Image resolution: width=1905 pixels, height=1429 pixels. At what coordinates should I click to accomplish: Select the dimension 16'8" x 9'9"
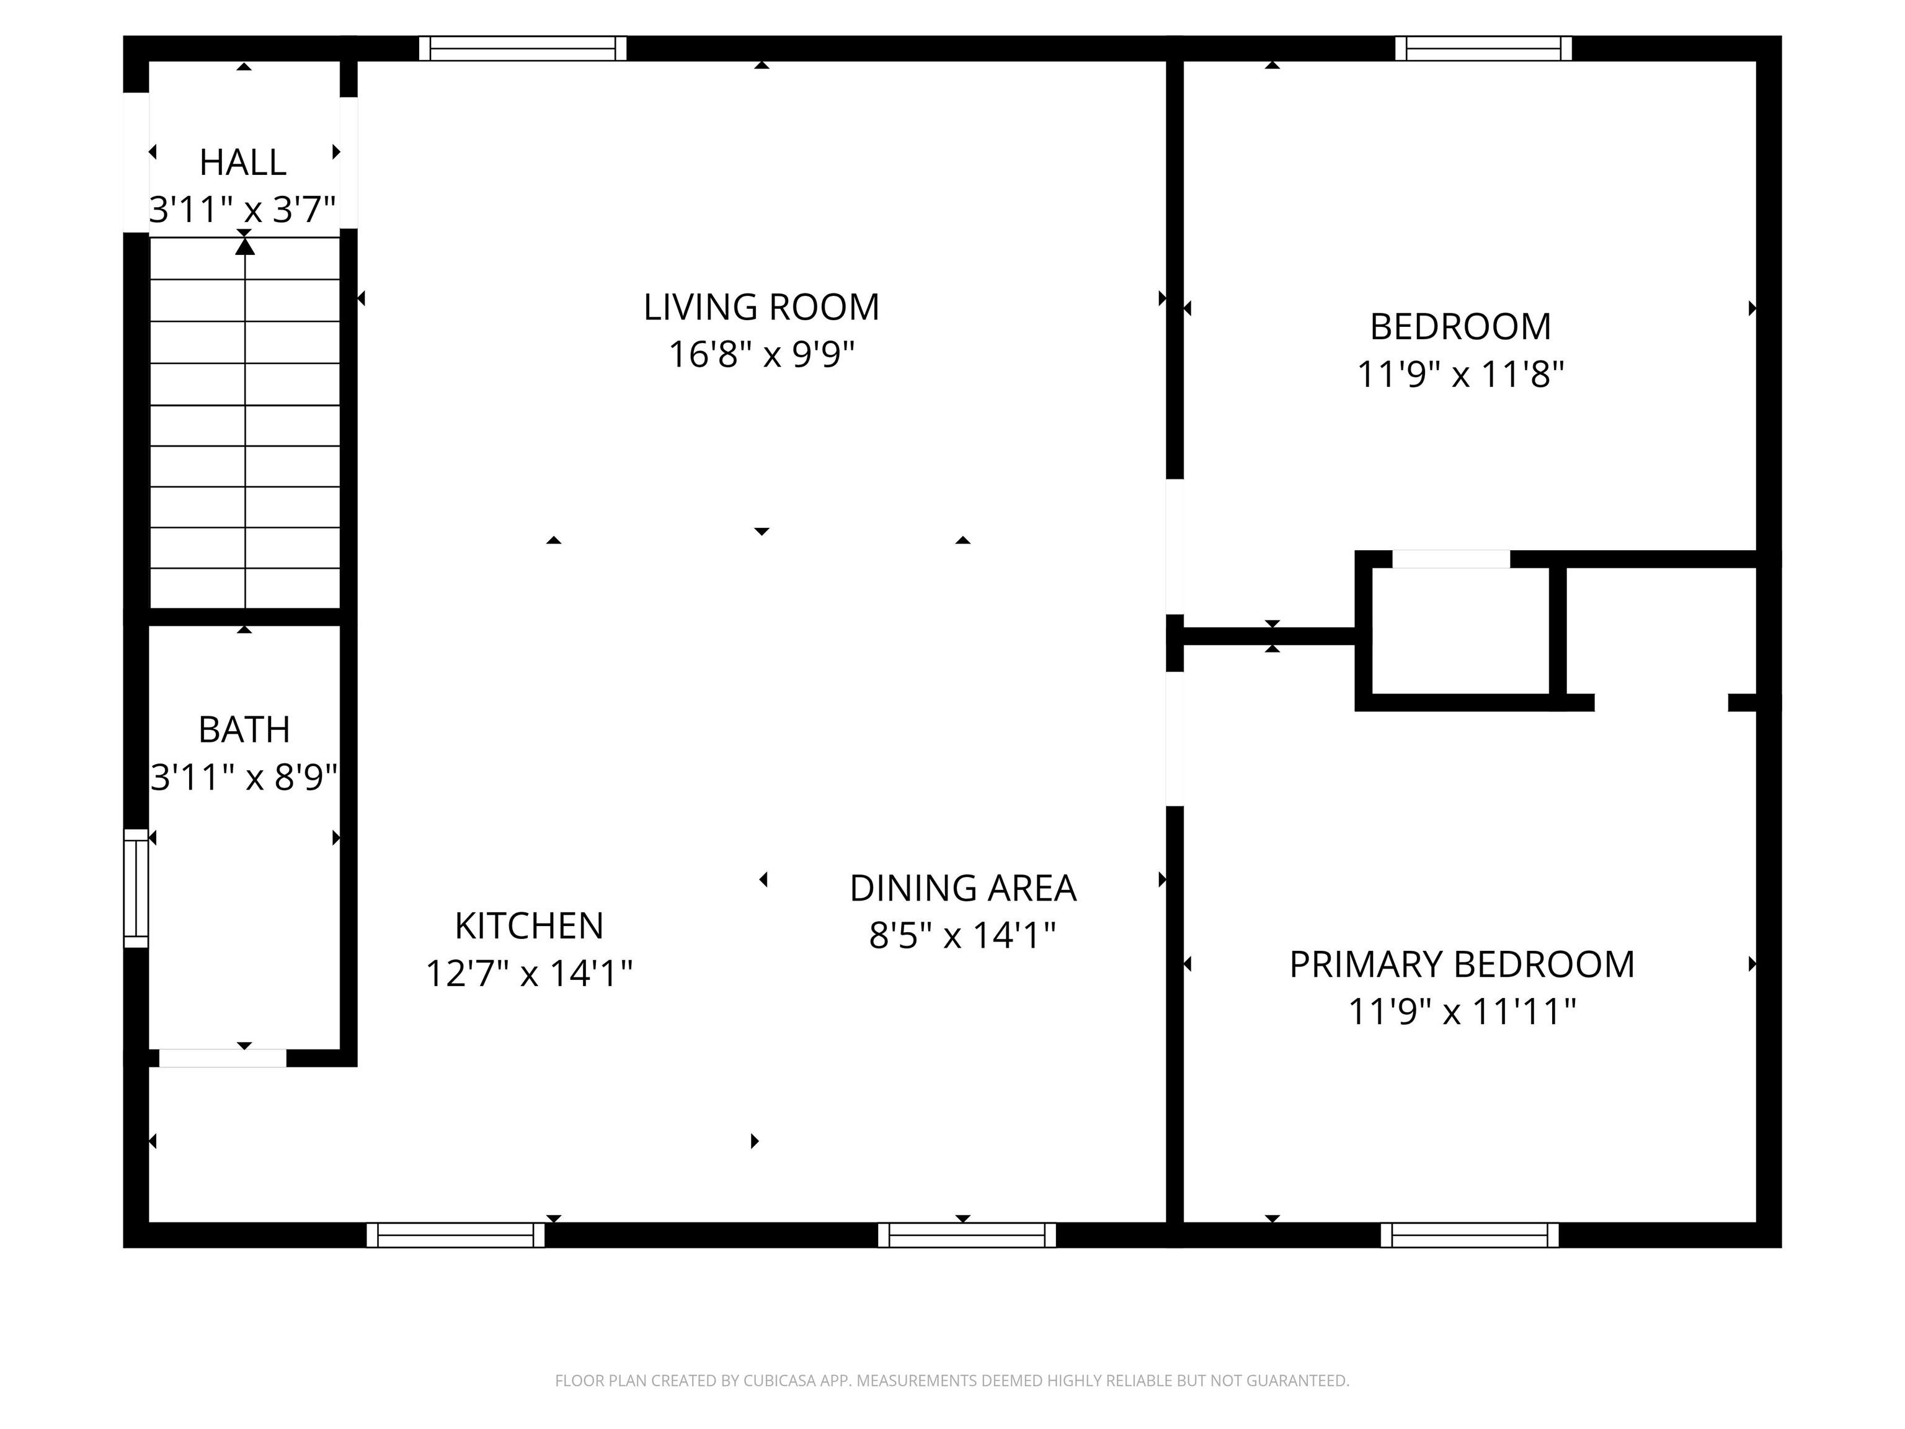coord(762,354)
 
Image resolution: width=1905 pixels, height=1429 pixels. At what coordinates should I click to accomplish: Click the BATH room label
coord(244,729)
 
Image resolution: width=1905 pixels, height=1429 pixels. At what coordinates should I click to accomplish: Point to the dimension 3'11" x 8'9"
coord(244,777)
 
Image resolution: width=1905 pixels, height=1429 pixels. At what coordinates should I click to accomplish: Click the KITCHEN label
coord(529,926)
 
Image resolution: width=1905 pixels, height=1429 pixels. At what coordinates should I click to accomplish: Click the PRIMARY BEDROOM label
coord(1462,964)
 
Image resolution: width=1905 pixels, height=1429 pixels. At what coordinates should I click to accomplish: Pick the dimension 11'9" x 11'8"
coord(1460,375)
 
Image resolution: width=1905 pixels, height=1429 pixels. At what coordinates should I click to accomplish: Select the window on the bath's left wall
coord(136,888)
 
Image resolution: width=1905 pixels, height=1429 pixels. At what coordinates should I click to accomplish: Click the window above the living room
coord(523,48)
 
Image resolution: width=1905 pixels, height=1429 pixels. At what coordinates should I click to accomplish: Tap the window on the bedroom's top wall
coord(1483,48)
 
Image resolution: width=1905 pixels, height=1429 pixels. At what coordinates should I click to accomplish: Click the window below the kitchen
coord(456,1235)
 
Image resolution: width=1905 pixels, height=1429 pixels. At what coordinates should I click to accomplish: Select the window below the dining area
coord(966,1235)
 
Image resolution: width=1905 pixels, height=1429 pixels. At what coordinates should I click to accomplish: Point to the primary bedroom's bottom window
coord(1469,1235)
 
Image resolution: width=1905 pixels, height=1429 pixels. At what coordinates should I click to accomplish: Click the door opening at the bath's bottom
coord(222,1057)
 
